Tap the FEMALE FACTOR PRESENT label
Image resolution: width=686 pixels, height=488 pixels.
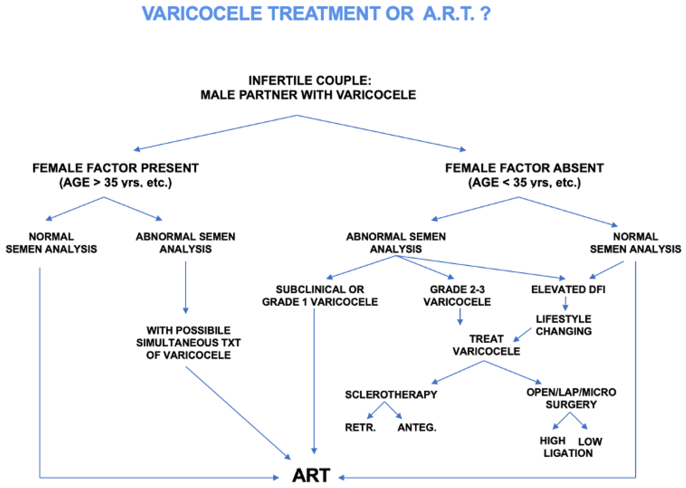pos(115,168)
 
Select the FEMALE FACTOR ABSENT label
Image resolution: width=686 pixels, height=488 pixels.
pos(524,168)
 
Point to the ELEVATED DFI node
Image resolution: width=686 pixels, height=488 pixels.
pos(568,289)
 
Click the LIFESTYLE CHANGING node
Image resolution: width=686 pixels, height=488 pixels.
pos(563,325)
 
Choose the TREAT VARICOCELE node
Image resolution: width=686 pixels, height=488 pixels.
pos(486,345)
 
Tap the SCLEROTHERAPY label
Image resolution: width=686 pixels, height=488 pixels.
pos(391,394)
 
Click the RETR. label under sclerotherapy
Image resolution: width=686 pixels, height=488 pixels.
pos(360,427)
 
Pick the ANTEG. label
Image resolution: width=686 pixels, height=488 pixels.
pos(417,427)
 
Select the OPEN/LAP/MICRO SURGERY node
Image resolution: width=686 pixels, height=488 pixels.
pos(571,398)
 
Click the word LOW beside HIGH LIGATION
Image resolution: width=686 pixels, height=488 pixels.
pos(590,441)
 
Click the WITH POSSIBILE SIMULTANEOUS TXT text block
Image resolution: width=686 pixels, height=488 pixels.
pos(188,343)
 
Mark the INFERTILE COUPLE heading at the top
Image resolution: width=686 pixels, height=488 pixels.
pos(310,81)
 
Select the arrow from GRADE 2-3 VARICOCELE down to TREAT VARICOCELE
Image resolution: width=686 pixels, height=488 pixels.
pos(460,316)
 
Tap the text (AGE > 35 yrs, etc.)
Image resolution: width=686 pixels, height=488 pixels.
pos(115,182)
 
